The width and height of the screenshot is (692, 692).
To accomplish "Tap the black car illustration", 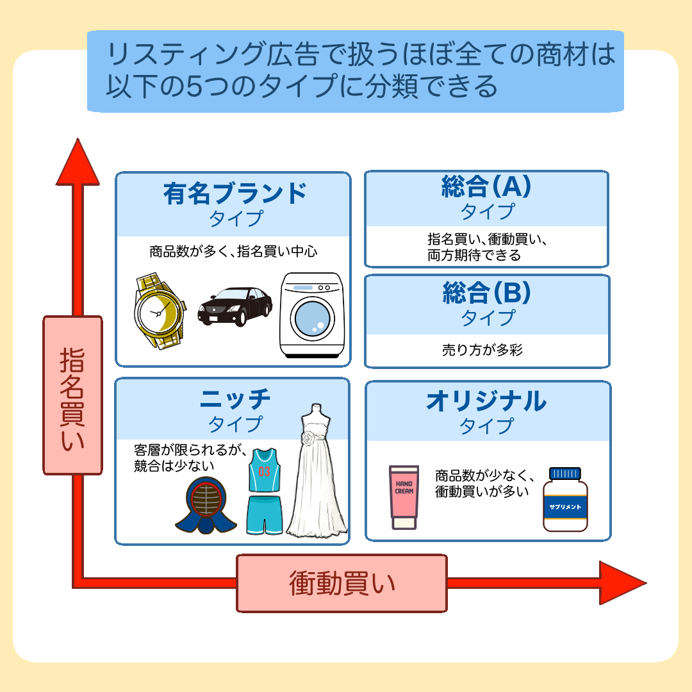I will click(235, 306).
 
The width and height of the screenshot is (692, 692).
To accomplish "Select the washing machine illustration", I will click(312, 315).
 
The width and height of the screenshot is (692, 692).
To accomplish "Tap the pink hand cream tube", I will click(404, 497).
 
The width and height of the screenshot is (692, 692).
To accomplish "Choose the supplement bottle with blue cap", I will click(564, 499).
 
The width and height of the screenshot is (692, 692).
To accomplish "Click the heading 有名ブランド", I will click(234, 193).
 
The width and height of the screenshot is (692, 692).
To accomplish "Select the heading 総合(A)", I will click(487, 187).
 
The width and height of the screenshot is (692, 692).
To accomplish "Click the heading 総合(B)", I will click(487, 293).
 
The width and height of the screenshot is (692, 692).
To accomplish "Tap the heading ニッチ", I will click(235, 399).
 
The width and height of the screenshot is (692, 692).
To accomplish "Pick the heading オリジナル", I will click(486, 402).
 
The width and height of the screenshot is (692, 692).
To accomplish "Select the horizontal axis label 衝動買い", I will click(342, 583).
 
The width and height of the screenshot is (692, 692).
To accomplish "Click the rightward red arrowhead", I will click(620, 583).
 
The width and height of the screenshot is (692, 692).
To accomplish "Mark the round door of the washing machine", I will click(312, 318).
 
